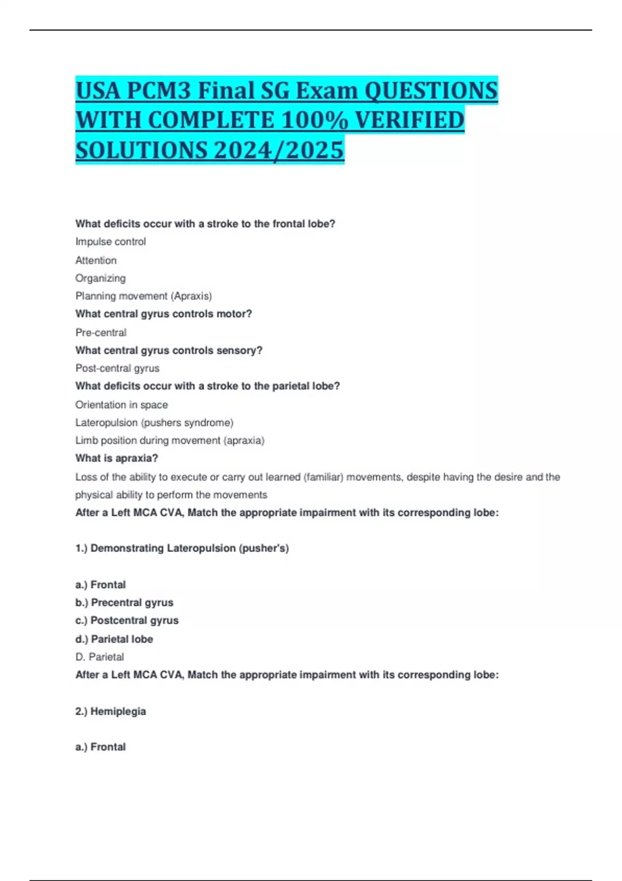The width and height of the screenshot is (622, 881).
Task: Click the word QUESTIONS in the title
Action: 431,91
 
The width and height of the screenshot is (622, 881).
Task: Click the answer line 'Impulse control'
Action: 110,241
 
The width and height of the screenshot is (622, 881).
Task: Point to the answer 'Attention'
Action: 96,260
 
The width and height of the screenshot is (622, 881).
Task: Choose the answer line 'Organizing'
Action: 101,278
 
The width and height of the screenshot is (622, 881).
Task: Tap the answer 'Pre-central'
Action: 101,332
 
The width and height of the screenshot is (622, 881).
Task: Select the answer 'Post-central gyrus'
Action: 117,368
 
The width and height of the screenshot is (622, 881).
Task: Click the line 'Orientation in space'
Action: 121,405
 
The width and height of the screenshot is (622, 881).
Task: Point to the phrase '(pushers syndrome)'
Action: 187,423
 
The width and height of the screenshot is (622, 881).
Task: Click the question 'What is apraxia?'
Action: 117,458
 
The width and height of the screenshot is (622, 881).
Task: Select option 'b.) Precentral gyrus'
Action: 124,603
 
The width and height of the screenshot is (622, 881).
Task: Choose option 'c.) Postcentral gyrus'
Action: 127,620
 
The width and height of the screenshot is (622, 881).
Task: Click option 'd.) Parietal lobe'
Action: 114,639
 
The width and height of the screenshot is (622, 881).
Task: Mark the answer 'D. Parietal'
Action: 100,657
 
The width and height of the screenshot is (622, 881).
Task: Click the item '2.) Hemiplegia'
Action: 110,712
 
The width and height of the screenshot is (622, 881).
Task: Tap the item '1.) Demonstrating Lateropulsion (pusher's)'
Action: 182,548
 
